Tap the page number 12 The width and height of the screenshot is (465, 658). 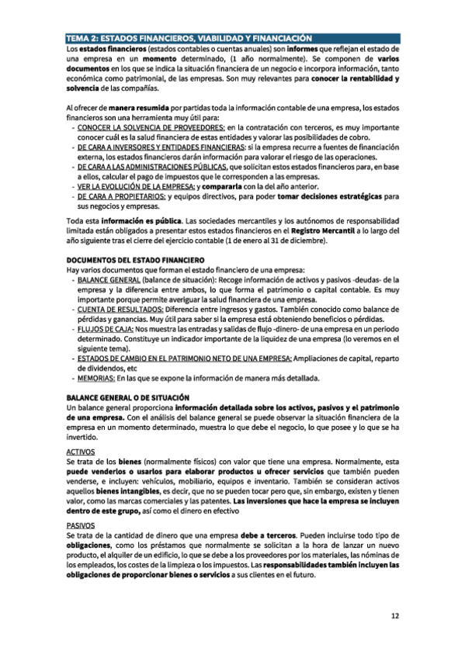[394, 617]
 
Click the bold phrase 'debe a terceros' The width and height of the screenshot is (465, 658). [283, 535]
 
